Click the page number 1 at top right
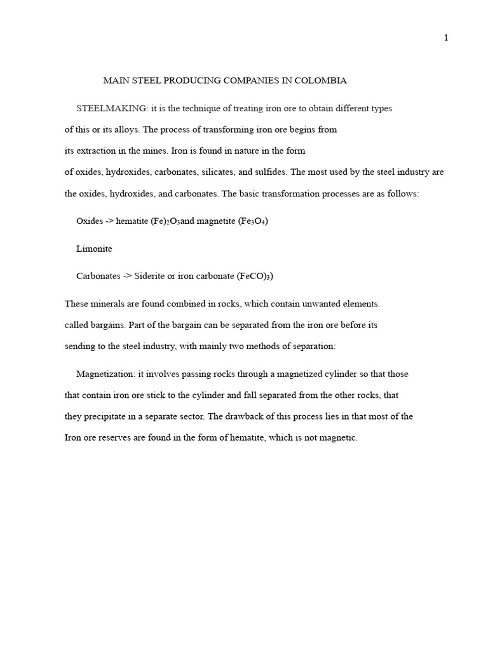tap(446, 38)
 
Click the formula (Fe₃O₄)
tap(253, 221)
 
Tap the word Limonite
tap(94, 249)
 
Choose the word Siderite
tap(151, 277)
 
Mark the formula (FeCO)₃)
tap(255, 277)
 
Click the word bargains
tap(105, 325)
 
